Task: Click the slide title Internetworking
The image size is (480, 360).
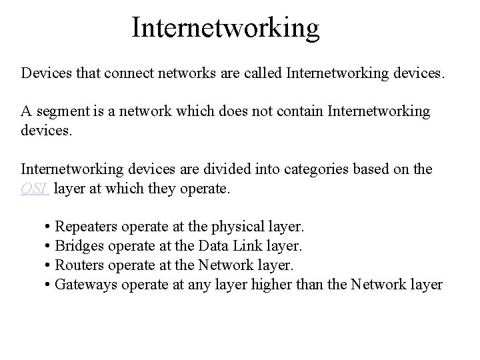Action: click(x=226, y=27)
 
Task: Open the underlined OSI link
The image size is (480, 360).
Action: click(x=34, y=189)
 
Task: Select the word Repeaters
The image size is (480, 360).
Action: click(x=86, y=227)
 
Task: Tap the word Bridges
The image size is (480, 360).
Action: click(x=79, y=246)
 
